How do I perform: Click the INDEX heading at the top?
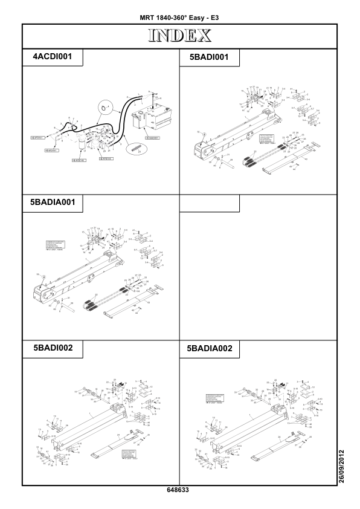(x=179, y=36)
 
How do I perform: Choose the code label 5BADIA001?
(x=52, y=203)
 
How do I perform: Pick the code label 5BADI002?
(x=52, y=349)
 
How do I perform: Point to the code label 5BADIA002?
(x=210, y=349)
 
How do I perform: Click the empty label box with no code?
(x=210, y=203)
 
